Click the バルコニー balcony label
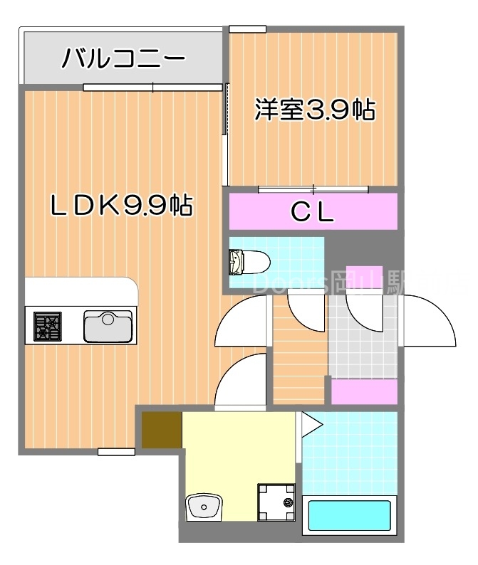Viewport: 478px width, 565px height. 123,58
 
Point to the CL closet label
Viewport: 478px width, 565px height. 313,212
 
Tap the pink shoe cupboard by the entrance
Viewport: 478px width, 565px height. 364,391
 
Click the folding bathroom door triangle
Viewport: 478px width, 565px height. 311,424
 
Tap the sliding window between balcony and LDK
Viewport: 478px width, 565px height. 153,88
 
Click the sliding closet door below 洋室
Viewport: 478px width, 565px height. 313,189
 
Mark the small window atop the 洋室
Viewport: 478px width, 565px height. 247,29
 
